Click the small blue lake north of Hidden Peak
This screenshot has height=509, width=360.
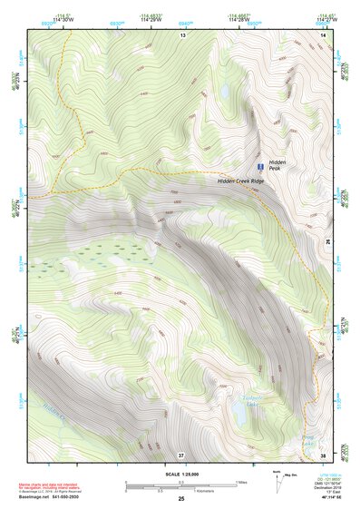223,92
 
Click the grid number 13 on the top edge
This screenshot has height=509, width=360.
181,34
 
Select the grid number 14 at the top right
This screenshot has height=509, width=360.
323,34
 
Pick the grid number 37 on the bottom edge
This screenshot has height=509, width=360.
181,454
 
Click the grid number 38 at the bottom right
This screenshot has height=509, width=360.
323,454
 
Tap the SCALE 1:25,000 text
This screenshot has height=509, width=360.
180,475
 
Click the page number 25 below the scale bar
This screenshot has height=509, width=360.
180,499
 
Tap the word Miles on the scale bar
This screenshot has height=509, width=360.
241,482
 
